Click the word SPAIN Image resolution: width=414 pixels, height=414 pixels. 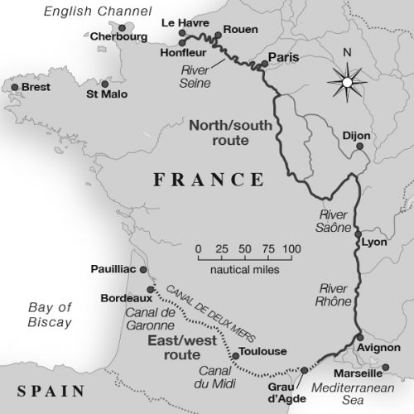pos(44,391)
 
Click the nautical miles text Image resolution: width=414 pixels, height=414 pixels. pos(244,269)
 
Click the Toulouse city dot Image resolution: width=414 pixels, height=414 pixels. pos(236,356)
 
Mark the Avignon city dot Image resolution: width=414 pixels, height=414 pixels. pos(360,336)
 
